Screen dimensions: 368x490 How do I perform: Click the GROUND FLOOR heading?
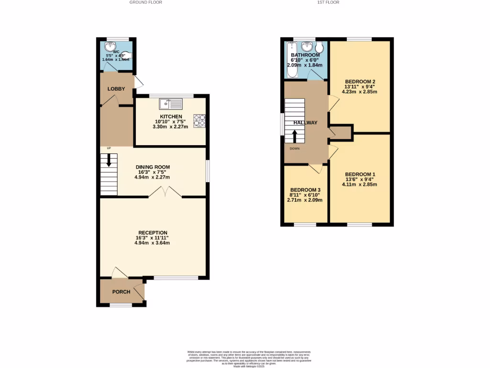146,2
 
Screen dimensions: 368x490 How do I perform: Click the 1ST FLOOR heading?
328,2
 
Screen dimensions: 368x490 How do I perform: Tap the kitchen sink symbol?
171,103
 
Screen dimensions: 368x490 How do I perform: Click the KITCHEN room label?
171,117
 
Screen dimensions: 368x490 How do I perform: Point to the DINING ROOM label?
152,167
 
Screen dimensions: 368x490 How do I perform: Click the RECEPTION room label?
152,233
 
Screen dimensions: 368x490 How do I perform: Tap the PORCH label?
121,292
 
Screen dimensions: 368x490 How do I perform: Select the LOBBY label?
116,89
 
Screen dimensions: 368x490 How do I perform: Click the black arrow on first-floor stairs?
295,136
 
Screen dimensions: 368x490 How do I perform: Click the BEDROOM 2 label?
359,81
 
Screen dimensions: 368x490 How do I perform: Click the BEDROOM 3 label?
305,190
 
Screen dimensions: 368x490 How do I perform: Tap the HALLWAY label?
305,123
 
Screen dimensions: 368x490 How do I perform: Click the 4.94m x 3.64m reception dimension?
152,243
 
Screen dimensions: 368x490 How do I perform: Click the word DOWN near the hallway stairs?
295,149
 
